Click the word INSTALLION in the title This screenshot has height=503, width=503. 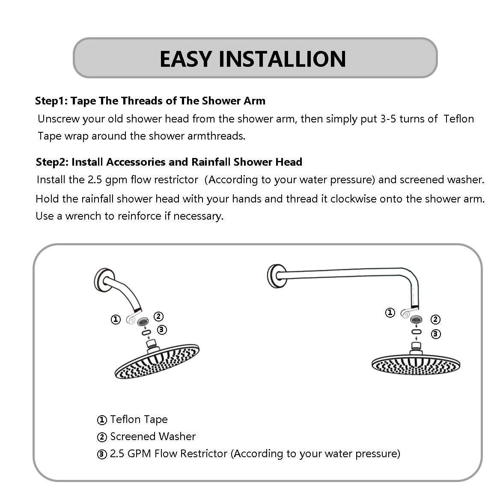pos(282,59)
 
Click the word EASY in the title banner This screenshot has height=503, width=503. pos(186,59)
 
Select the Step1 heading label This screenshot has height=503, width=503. pos(51,101)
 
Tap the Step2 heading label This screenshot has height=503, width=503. pos(52,162)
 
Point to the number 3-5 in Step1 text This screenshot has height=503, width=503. pos(388,119)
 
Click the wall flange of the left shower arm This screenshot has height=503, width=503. pos(103,280)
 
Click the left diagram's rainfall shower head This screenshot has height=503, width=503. pos(157,362)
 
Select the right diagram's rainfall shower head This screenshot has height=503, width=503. pos(416,364)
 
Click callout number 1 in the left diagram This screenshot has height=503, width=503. pos(116,319)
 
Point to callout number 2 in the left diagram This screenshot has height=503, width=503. pos(158,316)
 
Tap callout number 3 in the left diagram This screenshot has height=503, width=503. pos(162,330)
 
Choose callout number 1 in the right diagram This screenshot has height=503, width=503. pos(390,313)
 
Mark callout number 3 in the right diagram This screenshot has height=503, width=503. pos(436,334)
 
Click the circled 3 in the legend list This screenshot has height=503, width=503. pos(102,454)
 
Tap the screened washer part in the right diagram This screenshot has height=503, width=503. pos(416,320)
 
